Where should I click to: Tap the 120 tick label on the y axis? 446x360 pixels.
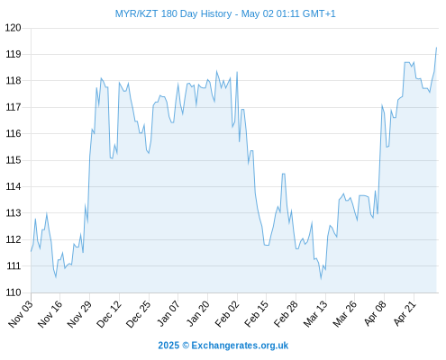click(14, 28)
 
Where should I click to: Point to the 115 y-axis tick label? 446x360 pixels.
click(14, 160)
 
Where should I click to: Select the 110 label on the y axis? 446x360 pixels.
click(14, 292)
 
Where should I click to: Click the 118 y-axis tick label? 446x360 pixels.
click(14, 81)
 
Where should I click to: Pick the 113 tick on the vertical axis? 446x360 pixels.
click(14, 213)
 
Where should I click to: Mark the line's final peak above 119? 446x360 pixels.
click(436, 48)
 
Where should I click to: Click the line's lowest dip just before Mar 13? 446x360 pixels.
click(321, 279)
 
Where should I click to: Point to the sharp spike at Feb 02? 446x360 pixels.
click(237, 72)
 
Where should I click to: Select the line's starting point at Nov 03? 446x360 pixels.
click(31, 251)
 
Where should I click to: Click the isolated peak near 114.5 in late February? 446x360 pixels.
click(283, 174)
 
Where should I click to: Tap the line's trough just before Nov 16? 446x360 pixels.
click(56, 277)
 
